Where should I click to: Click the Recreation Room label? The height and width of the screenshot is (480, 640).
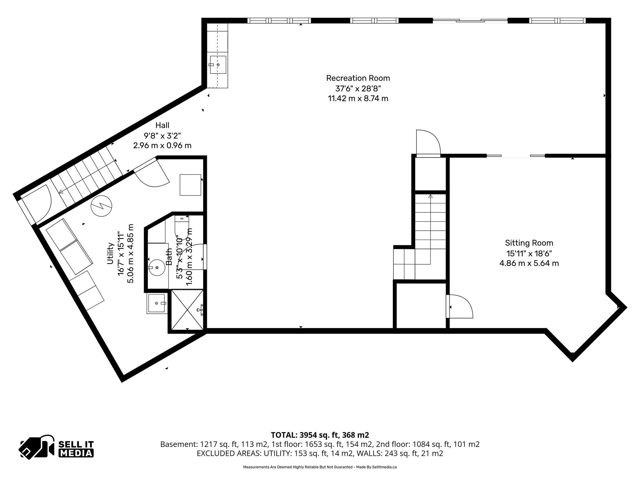tap(358, 78)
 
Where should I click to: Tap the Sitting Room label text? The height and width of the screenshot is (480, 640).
tap(529, 243)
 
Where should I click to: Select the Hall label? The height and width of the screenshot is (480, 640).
tap(162, 125)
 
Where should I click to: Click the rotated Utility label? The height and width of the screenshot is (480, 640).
tap(110, 253)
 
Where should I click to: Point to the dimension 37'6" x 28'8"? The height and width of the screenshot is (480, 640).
tap(358, 88)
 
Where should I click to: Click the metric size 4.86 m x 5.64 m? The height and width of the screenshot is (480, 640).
tap(529, 263)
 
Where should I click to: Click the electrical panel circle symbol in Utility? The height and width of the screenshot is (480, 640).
tap(101, 206)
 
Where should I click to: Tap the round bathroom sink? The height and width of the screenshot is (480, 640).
tap(156, 267)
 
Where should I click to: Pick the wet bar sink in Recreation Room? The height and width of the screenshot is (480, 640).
tap(218, 65)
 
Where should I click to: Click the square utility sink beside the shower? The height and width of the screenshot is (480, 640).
tap(157, 303)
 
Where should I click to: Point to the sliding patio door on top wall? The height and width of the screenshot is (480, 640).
tap(470, 21)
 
